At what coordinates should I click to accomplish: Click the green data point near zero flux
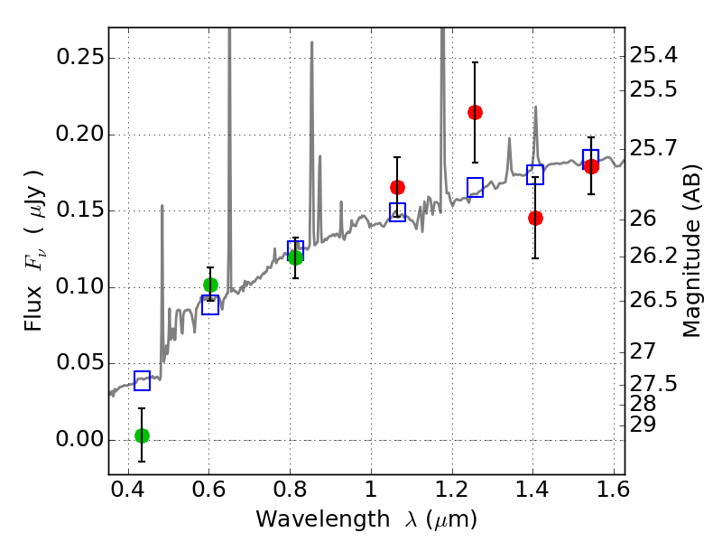tap(142, 435)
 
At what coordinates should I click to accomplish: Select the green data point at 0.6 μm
tap(210, 285)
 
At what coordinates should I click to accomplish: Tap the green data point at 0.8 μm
tap(295, 257)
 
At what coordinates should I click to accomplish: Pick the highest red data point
tap(475, 112)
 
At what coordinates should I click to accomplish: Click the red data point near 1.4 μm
tap(535, 218)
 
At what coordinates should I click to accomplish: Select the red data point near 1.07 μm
tap(397, 187)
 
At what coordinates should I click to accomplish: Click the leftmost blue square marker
tap(142, 380)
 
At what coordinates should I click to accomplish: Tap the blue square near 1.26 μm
tap(476, 187)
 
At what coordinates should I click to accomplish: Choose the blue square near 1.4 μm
tap(535, 174)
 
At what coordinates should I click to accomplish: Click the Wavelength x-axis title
tap(366, 519)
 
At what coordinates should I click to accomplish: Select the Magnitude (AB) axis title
tap(692, 252)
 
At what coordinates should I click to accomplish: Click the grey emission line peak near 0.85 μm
tap(312, 42)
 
